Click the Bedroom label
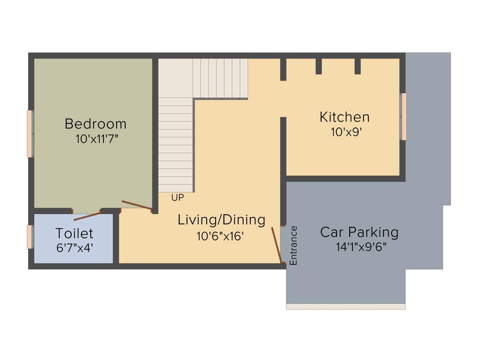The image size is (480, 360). (96, 124)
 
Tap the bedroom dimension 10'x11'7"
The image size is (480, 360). (97, 139)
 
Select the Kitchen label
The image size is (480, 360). (345, 117)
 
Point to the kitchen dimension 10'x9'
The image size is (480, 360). (346, 132)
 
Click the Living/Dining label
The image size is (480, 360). (221, 220)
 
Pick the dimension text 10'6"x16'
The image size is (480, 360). (220, 236)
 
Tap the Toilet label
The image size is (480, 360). (74, 233)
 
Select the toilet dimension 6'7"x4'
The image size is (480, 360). (75, 248)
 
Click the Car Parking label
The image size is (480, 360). (359, 232)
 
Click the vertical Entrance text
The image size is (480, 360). (293, 246)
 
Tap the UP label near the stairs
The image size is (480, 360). (177, 198)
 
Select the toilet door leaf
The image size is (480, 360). (87, 216)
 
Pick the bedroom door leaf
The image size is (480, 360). (137, 205)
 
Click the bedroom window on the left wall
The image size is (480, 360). (30, 134)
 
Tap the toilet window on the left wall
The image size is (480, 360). (30, 237)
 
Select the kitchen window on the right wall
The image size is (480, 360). (403, 116)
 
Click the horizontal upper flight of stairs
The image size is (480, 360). (220, 78)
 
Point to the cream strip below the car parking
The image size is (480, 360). (345, 307)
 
